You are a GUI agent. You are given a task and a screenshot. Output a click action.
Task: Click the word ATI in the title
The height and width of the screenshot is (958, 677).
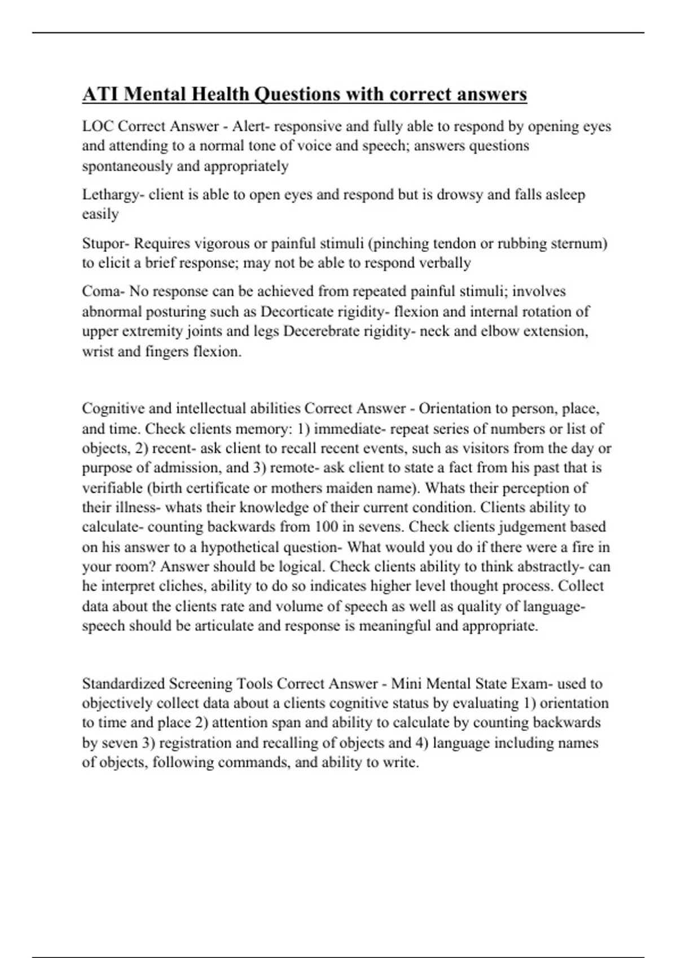(x=100, y=94)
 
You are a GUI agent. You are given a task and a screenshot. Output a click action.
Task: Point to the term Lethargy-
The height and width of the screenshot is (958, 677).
(x=113, y=195)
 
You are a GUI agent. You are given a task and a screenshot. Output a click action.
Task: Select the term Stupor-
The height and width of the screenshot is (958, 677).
(x=107, y=243)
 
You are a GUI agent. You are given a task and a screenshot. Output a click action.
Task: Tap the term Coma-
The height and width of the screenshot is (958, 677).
(x=104, y=291)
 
